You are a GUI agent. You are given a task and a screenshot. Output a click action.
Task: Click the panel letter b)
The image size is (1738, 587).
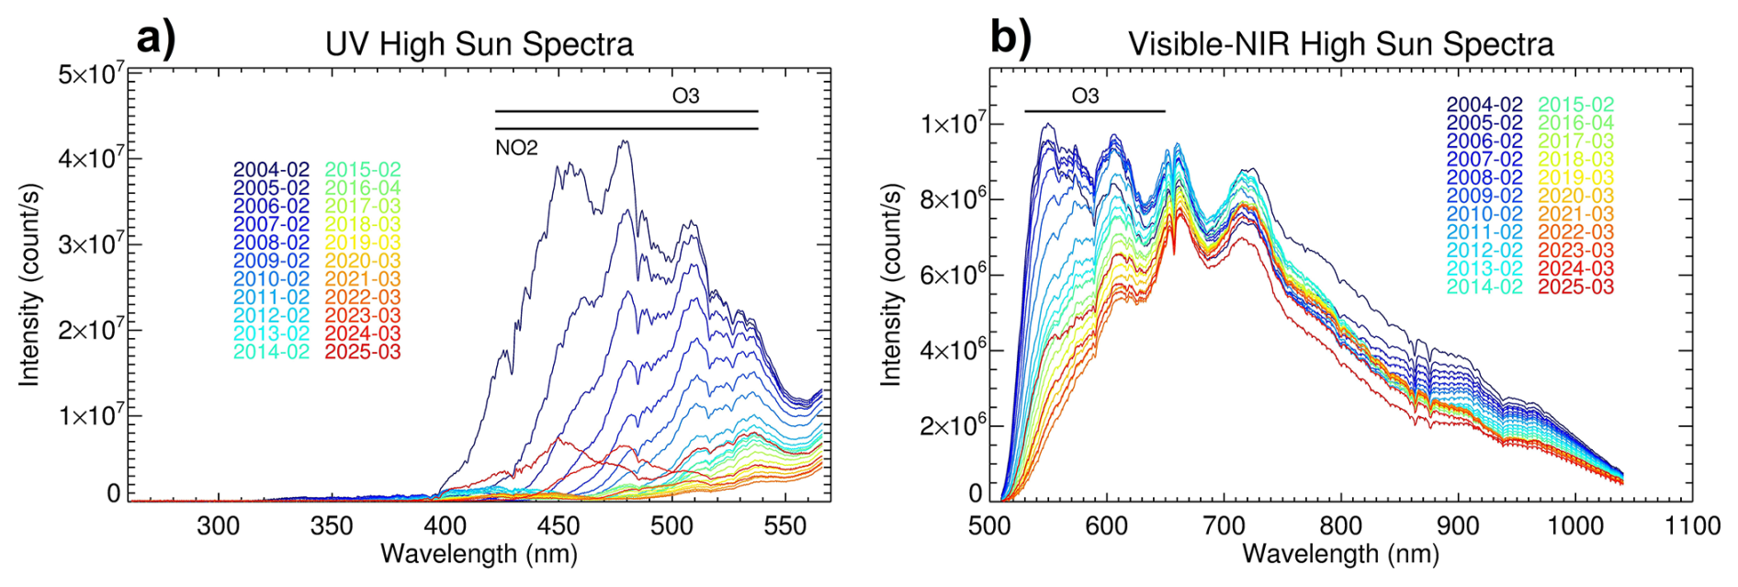pos(1010,40)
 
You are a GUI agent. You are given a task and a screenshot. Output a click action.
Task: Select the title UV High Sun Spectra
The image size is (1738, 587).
pos(479,44)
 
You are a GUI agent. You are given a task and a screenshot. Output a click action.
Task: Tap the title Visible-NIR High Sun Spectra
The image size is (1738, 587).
pos(1340,44)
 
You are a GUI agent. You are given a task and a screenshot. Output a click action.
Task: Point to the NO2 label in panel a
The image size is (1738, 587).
pos(516,148)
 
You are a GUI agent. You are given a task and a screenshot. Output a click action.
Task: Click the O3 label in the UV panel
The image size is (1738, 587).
pos(685,96)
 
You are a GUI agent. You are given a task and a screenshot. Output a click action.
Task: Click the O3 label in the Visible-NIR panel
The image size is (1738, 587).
pos(1085,96)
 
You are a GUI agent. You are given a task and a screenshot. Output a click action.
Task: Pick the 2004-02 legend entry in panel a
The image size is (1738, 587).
pos(271,170)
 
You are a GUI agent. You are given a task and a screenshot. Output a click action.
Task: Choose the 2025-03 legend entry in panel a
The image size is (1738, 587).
pos(363,352)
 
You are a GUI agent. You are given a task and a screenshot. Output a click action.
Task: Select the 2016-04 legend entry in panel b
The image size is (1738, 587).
pos(1575,123)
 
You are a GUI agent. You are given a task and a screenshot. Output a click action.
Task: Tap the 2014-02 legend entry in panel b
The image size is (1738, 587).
pos(1484,287)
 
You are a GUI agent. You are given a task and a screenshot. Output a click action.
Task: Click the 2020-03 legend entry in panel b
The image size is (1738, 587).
pos(1575,196)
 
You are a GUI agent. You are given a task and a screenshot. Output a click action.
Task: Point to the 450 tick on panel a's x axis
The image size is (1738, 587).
pos(559,526)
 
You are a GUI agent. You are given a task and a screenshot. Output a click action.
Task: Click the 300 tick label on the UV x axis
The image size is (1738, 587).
pos(219,526)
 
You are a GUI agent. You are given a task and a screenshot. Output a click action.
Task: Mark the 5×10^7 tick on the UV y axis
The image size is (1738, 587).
pos(91,73)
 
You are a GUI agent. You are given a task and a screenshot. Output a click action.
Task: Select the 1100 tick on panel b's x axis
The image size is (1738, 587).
pos(1692,526)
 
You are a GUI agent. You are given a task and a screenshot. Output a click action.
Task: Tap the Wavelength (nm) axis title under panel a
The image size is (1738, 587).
pos(479,555)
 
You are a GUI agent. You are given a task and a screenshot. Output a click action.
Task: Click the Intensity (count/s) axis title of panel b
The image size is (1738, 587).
pos(890,285)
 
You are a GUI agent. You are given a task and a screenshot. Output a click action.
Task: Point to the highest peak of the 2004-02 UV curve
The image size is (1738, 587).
pos(626,141)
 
